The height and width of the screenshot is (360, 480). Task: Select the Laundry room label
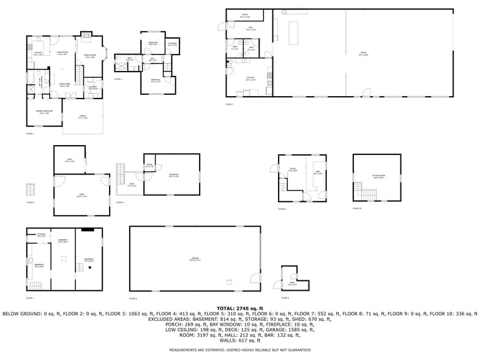point(92,88)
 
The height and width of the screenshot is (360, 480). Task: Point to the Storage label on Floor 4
point(173,44)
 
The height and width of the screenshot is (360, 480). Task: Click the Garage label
point(193,260)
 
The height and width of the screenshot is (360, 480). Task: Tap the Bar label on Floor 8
point(317,173)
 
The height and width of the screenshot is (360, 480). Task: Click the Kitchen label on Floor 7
point(250,78)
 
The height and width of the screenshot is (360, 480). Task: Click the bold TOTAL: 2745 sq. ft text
point(239,308)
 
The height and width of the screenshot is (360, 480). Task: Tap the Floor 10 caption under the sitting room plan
point(356,209)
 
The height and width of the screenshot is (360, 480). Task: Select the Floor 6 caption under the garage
point(133,298)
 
